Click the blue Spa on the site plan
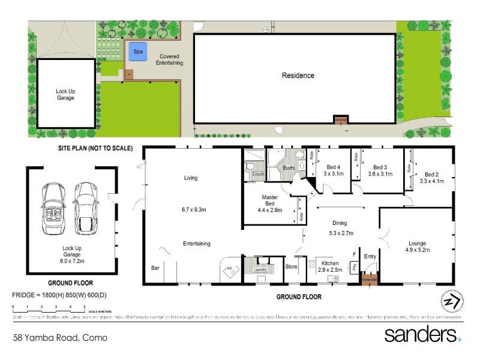tap(138, 52)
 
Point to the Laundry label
tap(260, 270)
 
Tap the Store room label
tap(291, 266)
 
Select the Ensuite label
tap(258, 174)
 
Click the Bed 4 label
tap(333, 167)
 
